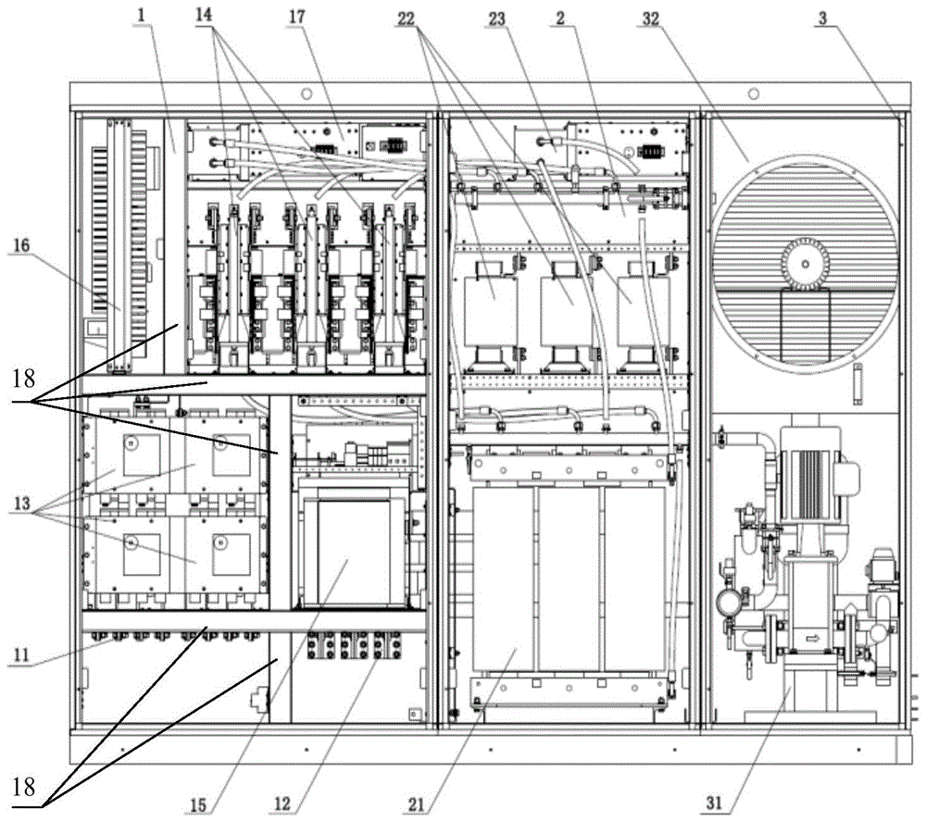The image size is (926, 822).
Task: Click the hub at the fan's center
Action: pyautogui.click(x=803, y=265)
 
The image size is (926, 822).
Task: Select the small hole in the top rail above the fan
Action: pyautogui.click(x=753, y=93)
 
